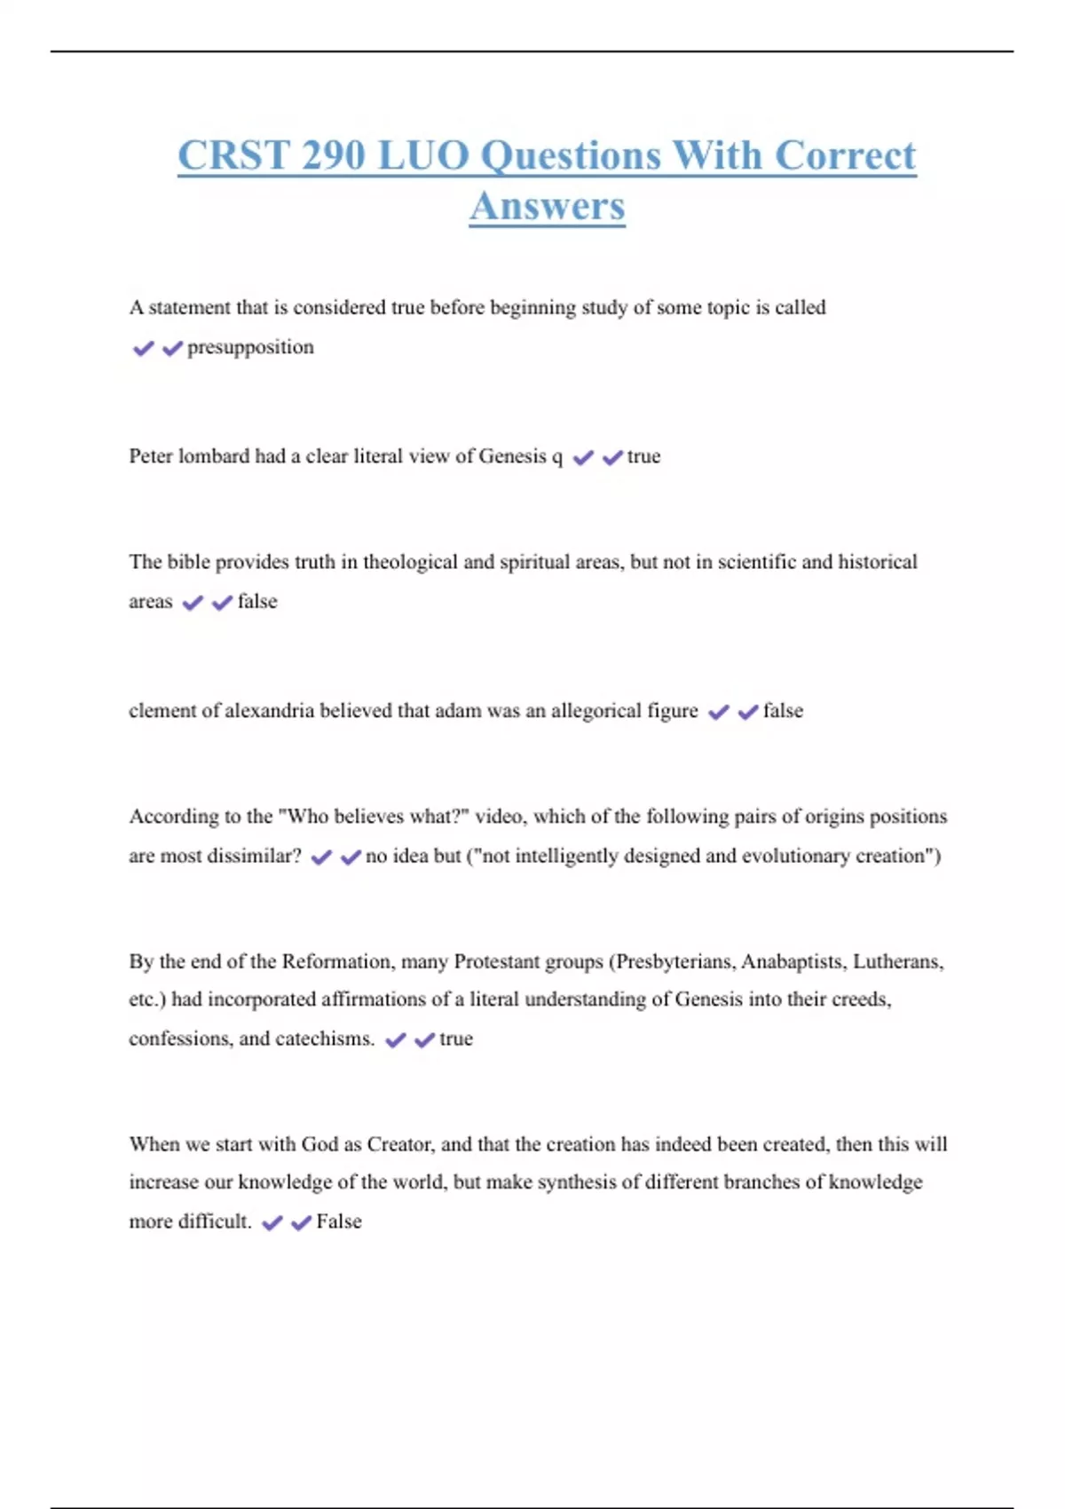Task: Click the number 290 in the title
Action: click(333, 156)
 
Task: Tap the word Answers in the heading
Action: click(548, 207)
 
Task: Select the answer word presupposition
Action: click(250, 347)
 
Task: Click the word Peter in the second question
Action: click(151, 456)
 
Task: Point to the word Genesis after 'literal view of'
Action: click(513, 456)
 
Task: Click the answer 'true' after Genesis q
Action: click(643, 456)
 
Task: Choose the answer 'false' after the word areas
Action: click(257, 602)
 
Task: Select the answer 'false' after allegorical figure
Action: click(783, 711)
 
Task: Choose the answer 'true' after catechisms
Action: click(456, 1039)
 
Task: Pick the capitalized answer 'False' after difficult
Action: click(339, 1222)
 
